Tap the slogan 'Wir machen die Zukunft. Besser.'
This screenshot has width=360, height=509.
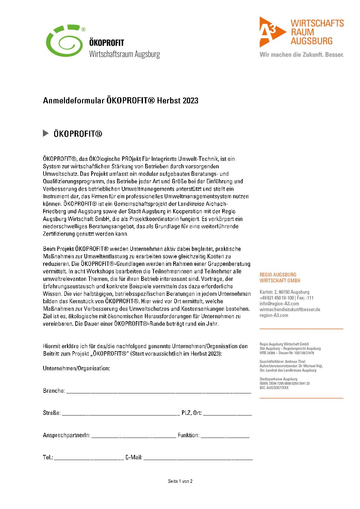click(301, 54)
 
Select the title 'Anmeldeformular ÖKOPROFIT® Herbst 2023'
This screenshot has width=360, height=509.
click(120, 100)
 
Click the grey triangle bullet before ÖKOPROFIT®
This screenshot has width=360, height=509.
click(46, 133)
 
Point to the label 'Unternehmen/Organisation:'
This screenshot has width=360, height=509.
click(76, 368)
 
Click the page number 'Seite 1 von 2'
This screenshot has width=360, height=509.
click(180, 481)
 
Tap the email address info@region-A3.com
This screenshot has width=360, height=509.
click(279, 304)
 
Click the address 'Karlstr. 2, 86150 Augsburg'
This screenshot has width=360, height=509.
click(284, 292)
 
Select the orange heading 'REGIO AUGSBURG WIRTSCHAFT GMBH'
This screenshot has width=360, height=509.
click(280, 277)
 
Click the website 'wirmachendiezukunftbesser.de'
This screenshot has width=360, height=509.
click(290, 309)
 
